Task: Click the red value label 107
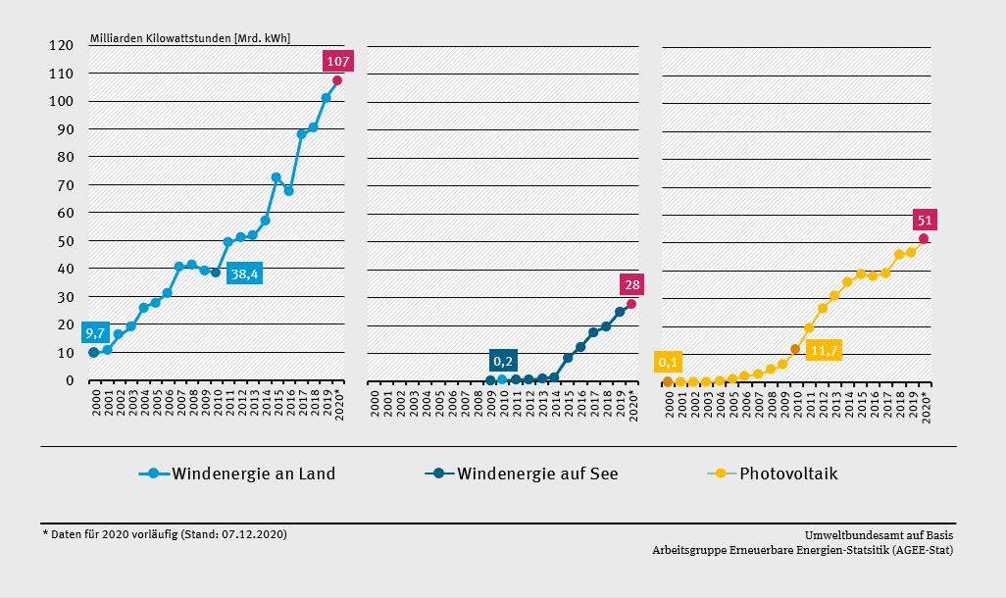click(x=337, y=62)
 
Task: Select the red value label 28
click(x=631, y=285)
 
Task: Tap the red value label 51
click(x=925, y=220)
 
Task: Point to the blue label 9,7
click(x=95, y=333)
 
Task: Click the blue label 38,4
click(x=244, y=274)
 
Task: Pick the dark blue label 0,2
click(x=503, y=360)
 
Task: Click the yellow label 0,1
click(x=669, y=363)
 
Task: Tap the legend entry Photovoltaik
click(x=788, y=474)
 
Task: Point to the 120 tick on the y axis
click(x=63, y=46)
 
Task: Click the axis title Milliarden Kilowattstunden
click(x=190, y=38)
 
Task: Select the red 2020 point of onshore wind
click(x=337, y=80)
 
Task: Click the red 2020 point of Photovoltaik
click(x=924, y=238)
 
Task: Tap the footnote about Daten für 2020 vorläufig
click(x=165, y=534)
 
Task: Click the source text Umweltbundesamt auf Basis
click(x=879, y=535)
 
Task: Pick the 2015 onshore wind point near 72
click(x=277, y=177)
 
